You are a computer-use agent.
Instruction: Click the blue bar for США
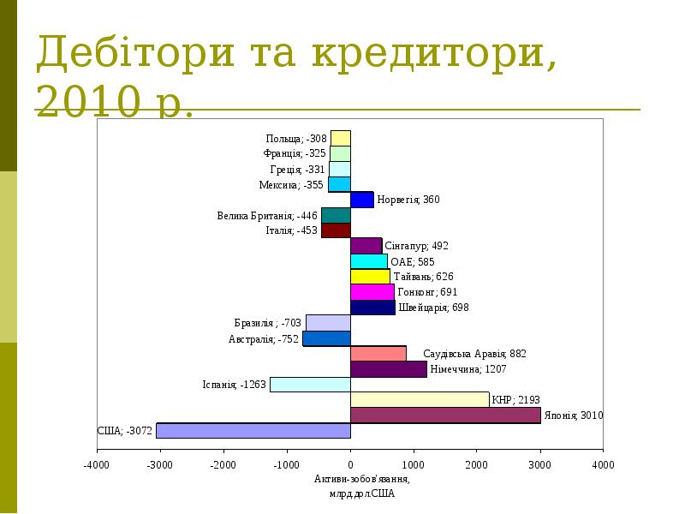pos(253,430)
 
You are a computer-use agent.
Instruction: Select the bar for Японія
pos(445,415)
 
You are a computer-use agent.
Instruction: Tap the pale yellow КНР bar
pos(420,399)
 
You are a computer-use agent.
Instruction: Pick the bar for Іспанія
pos(310,385)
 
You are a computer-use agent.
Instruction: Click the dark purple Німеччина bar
pos(388,369)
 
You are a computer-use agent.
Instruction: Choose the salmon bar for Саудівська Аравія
pos(378,354)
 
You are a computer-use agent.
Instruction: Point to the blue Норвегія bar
pos(361,200)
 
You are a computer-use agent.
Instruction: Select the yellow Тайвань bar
pos(370,277)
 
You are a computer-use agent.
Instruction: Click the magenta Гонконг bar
pos(372,292)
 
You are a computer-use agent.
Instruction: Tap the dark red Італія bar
pos(336,230)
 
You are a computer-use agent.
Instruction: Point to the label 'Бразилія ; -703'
pos(267,323)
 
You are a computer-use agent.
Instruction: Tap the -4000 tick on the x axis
pos(97,465)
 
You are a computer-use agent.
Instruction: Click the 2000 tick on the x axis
pos(476,465)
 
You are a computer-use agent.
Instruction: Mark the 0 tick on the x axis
pos(350,465)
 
